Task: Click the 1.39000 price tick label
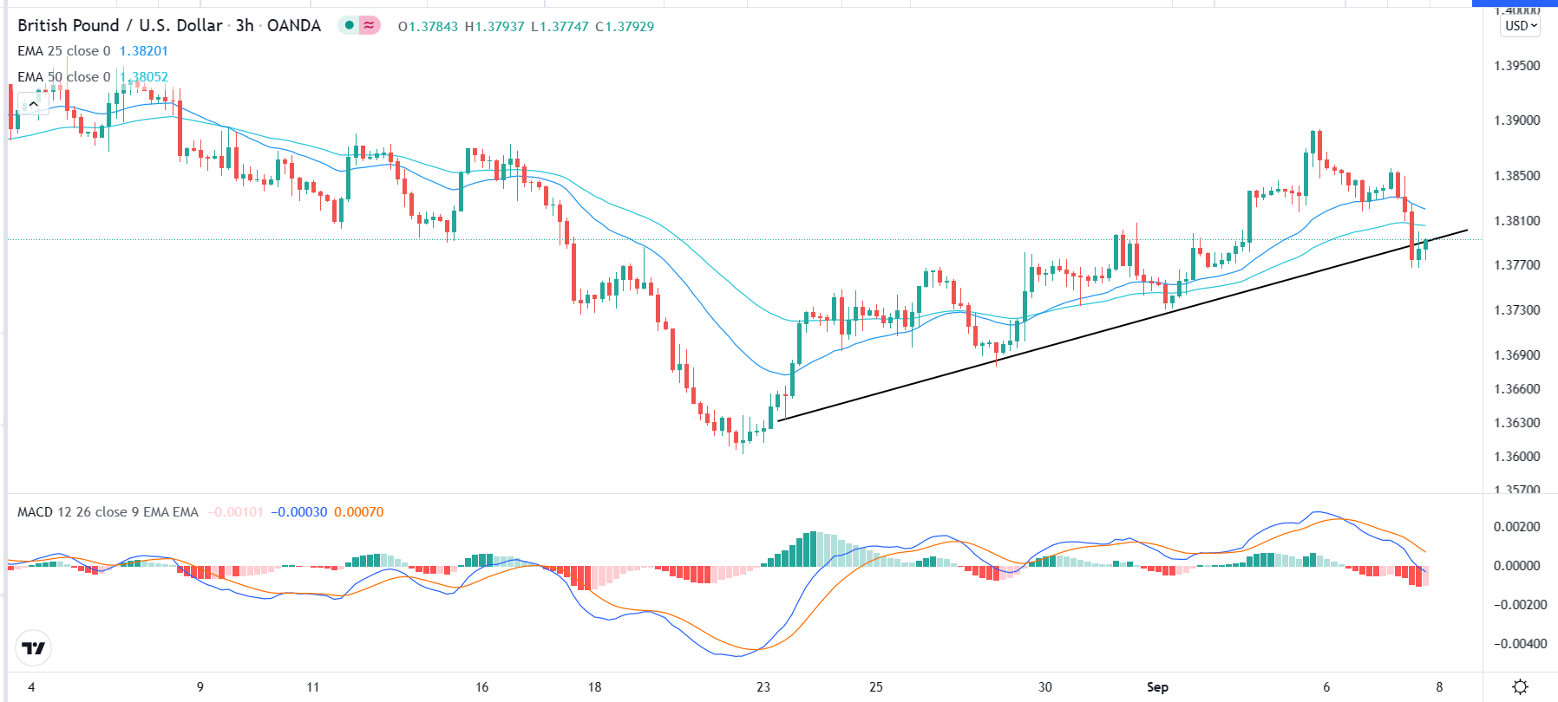1516,120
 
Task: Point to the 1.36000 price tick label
1516,457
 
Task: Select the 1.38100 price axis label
1516,221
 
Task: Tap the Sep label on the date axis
1157,687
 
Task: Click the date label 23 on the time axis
763,687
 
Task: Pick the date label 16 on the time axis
482,687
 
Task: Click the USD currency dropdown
1521,26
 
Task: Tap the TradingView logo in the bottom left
34,648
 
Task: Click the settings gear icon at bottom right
1520,687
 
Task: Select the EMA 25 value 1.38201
143,51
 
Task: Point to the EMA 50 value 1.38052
145,77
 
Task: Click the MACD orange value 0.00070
358,512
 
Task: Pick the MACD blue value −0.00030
299,512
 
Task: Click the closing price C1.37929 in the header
625,27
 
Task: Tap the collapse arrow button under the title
33,105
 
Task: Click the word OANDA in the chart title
294,26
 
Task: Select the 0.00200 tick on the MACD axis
1516,527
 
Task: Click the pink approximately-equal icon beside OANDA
370,25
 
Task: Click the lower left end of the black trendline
779,420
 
